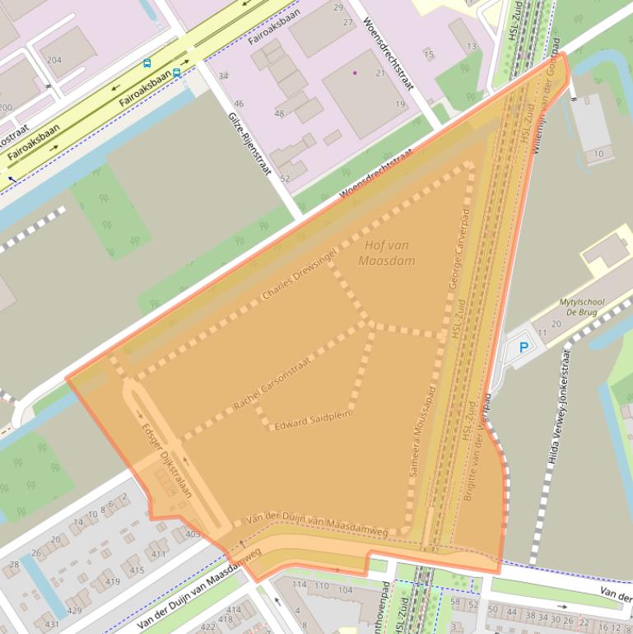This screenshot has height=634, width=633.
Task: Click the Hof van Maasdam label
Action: tap(387, 253)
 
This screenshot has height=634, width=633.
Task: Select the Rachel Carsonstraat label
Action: tap(274, 377)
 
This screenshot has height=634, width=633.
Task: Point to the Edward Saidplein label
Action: tap(312, 419)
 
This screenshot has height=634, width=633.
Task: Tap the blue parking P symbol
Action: tap(523, 348)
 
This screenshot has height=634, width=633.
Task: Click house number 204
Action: tap(54, 60)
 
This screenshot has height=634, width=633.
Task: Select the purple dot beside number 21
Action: tap(355, 72)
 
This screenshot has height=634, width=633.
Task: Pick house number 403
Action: tap(193, 534)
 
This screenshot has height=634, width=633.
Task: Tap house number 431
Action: tap(52, 624)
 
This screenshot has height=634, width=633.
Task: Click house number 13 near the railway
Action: tap(472, 46)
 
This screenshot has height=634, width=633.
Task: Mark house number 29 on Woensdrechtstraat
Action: tap(338, 7)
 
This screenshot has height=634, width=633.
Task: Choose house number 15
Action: tap(428, 54)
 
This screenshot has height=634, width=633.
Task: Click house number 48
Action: tap(279, 113)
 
